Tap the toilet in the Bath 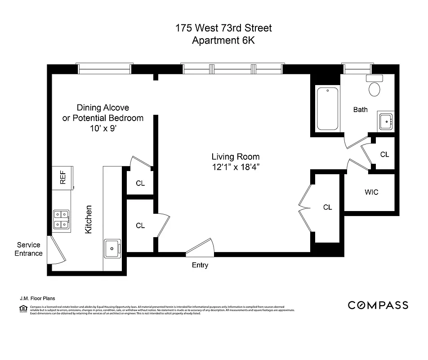374,86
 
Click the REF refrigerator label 63,179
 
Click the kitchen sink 112,247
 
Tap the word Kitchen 89,219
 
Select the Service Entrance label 29,249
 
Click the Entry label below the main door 200,265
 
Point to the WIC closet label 371,192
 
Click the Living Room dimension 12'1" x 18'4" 236,167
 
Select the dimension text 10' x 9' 103,128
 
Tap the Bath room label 360,109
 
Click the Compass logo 378,305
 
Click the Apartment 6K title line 223,40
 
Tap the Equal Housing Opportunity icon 23,309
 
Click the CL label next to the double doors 327,207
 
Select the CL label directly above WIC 384,154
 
